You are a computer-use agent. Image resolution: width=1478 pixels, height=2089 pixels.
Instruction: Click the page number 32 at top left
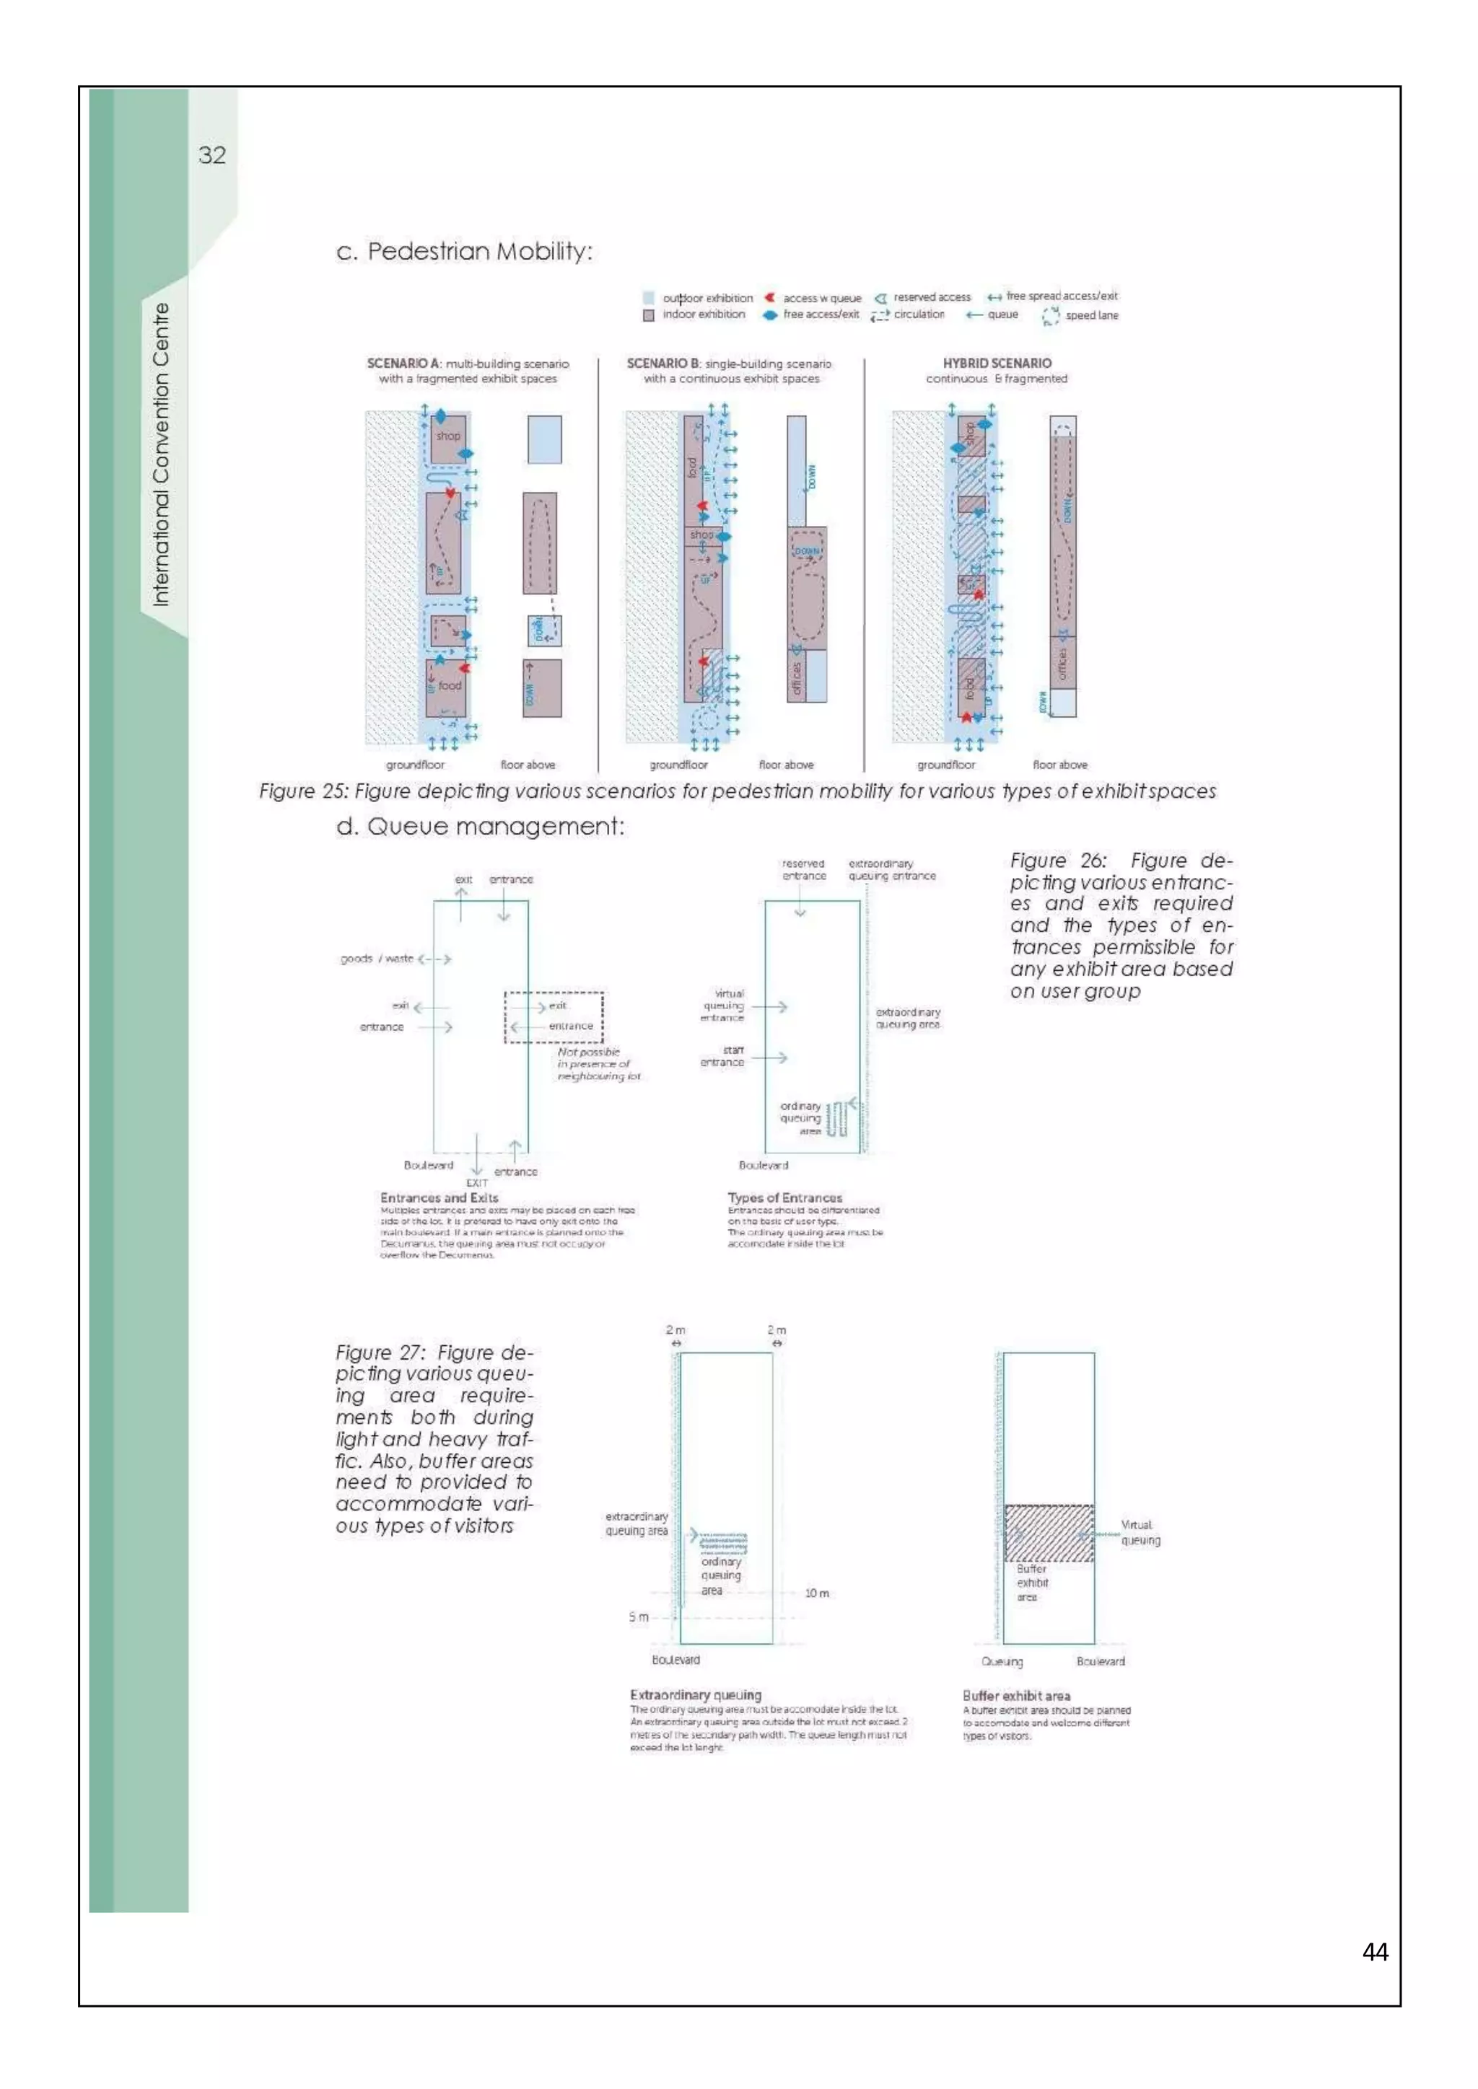click(x=212, y=156)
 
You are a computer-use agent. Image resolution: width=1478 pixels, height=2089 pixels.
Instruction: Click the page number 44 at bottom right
click(x=1374, y=1952)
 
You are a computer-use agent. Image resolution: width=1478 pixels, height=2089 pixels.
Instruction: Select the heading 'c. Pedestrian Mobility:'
click(x=464, y=251)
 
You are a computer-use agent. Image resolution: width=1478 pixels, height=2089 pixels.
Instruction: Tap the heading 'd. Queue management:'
click(x=480, y=826)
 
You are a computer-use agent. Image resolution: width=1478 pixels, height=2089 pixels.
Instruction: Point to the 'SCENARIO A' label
click(x=403, y=363)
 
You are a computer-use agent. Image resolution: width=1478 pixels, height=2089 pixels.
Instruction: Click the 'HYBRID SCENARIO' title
click(x=997, y=363)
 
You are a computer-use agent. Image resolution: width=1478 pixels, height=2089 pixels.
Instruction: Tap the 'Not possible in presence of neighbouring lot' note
click(x=598, y=1063)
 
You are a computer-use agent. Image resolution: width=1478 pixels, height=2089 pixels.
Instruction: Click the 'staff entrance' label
click(x=722, y=1056)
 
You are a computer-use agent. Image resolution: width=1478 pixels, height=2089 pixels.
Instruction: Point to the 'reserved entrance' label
click(x=804, y=870)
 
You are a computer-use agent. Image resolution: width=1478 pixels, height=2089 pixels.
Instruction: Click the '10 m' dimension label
click(x=816, y=1593)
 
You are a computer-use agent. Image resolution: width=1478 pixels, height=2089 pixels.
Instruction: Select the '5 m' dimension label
click(x=638, y=1617)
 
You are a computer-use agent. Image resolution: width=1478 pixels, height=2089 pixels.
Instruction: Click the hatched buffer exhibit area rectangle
click(x=1049, y=1533)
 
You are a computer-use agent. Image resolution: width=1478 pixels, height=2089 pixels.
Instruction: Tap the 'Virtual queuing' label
click(x=1140, y=1532)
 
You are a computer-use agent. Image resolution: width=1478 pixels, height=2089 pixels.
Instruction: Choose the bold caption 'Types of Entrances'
click(x=784, y=1198)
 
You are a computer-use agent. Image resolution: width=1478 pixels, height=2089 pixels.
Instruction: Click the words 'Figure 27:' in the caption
click(x=380, y=1353)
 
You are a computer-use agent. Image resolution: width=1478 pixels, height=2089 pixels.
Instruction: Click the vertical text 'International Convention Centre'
click(x=161, y=455)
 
